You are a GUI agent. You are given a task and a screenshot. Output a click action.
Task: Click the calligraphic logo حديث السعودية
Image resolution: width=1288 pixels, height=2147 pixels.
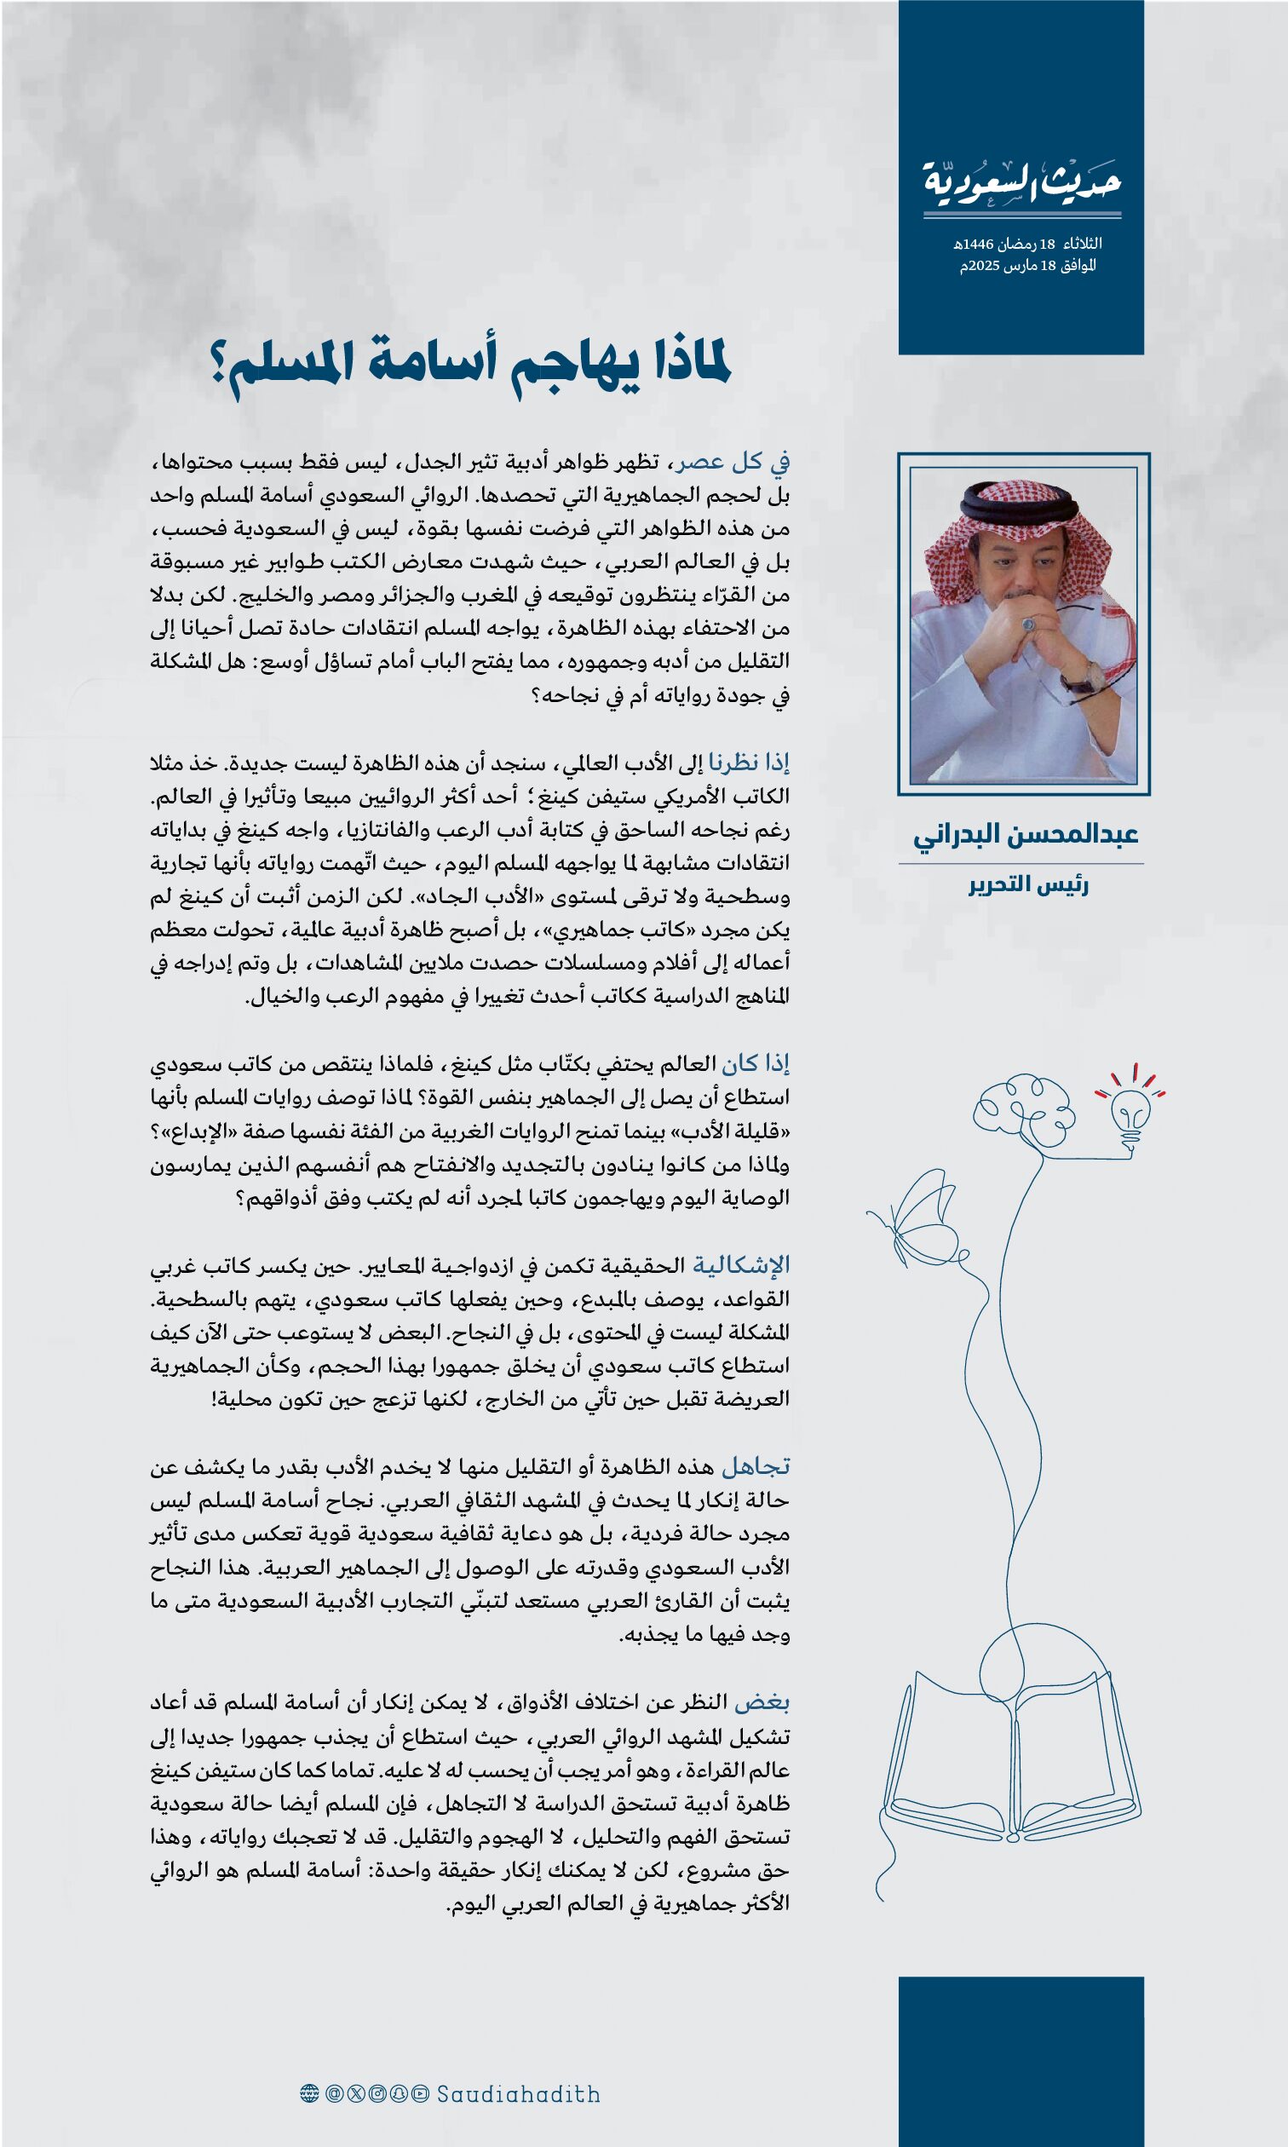1021,181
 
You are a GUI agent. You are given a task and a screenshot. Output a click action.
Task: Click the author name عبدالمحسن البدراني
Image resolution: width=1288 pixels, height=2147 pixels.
1025,835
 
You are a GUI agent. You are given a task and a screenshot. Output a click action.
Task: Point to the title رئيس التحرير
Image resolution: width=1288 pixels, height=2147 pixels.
1028,885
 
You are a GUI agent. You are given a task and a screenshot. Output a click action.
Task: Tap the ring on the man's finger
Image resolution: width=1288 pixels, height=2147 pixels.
1029,624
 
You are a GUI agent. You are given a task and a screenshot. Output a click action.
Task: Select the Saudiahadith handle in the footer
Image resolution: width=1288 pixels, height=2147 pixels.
518,2094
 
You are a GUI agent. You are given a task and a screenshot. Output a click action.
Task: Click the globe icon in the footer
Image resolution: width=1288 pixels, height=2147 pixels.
309,2094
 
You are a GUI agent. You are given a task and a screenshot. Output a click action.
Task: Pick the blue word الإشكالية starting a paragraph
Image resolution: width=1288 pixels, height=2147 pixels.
740,1265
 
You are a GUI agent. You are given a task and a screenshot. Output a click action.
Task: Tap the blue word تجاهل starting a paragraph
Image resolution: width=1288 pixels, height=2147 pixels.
755,1466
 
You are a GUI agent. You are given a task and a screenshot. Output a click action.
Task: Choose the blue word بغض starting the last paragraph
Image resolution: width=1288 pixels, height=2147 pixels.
762,1701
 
